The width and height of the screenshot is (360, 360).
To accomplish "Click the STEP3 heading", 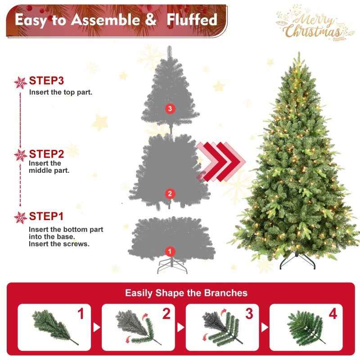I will (47, 81).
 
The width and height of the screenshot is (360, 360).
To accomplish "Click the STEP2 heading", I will (47, 153).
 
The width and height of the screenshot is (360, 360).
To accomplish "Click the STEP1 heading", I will (47, 216).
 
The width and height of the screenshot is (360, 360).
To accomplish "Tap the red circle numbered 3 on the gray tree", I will (169, 108).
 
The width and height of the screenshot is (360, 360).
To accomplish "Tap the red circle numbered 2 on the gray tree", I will (169, 194).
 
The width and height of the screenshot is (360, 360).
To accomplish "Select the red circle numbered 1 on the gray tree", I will (170, 251).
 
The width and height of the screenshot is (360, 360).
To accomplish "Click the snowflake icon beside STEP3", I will (20, 82).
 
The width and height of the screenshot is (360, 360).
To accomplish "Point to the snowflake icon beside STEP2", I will (20, 155).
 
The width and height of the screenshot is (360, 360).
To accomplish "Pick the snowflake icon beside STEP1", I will (20, 217).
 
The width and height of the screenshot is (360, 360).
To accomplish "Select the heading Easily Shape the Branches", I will (186, 293).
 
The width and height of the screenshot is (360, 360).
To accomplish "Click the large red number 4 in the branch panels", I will (333, 314).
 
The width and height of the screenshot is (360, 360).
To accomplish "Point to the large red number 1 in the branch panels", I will (81, 314).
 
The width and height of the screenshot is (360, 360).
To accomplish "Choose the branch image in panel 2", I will (134, 325).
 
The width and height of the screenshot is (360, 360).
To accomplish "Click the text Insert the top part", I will (61, 92).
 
